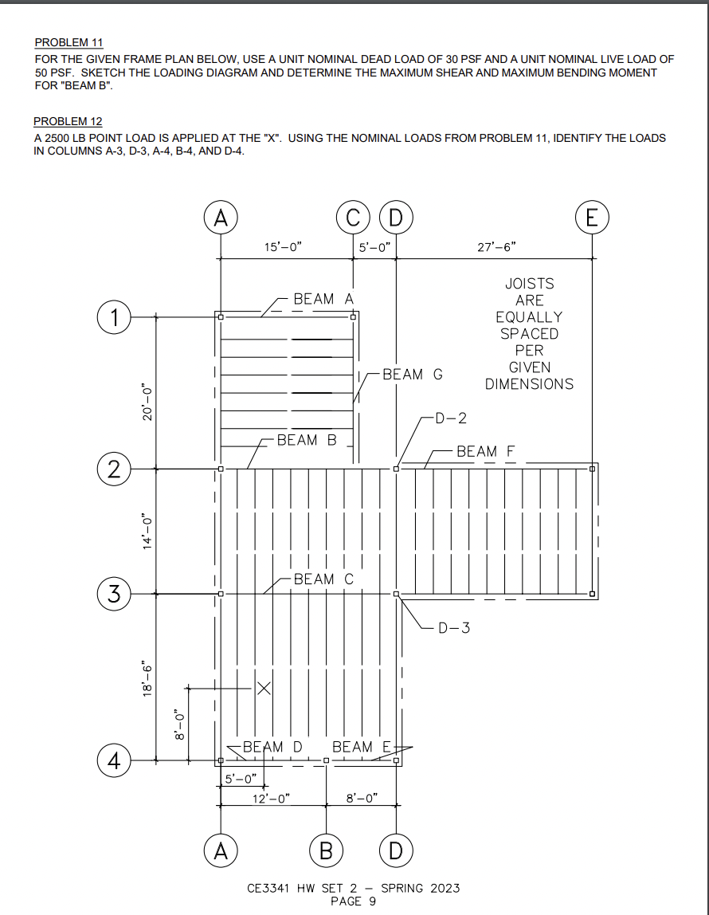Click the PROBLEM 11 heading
coord(69,42)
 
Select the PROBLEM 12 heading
coord(68,122)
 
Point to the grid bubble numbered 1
coord(115,317)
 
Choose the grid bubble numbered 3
coord(115,594)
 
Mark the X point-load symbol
coord(263,688)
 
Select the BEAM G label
coord(413,374)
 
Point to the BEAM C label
coord(323,579)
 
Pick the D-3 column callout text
coord(454,628)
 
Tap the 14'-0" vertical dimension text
coord(145,531)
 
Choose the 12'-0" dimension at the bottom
coord(271,797)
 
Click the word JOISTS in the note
coord(529,283)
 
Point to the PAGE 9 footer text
coord(353,901)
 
